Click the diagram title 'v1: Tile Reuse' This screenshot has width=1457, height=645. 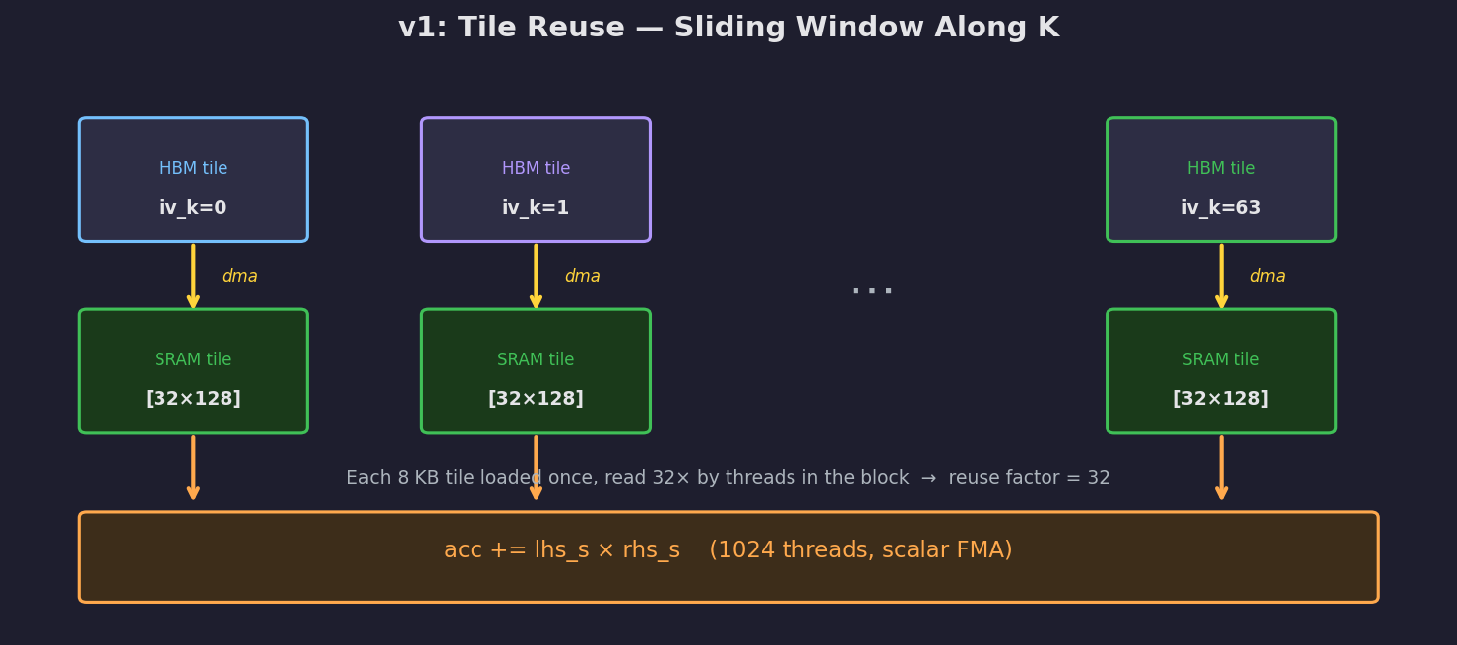(x=728, y=28)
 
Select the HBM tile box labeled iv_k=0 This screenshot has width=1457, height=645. (x=193, y=180)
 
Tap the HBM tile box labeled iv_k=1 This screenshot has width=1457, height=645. (x=536, y=180)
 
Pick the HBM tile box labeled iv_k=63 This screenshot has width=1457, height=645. (x=1221, y=180)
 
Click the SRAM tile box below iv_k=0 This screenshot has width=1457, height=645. (x=193, y=371)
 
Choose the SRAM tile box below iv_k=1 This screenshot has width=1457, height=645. (x=536, y=371)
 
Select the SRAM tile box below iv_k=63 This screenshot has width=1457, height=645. (x=1221, y=371)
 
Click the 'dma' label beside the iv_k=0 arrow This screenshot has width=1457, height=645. (x=239, y=277)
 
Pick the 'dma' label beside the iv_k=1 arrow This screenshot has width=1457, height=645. (x=582, y=277)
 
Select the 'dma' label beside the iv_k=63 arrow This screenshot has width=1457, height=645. (x=1267, y=277)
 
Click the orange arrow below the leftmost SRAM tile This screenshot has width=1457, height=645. (x=193, y=468)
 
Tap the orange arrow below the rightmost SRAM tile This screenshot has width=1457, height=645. (x=1221, y=468)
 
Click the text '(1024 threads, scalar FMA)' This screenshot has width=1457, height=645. (x=860, y=550)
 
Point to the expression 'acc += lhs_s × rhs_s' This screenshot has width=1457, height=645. (x=561, y=550)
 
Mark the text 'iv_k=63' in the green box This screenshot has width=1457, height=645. (x=1221, y=209)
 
